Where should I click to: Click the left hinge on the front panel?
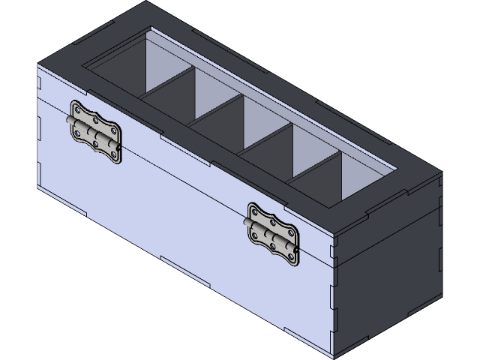click(95, 132)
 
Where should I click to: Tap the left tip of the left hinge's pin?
click(68, 120)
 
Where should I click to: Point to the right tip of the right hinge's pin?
click(298, 250)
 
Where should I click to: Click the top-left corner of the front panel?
click(39, 64)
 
